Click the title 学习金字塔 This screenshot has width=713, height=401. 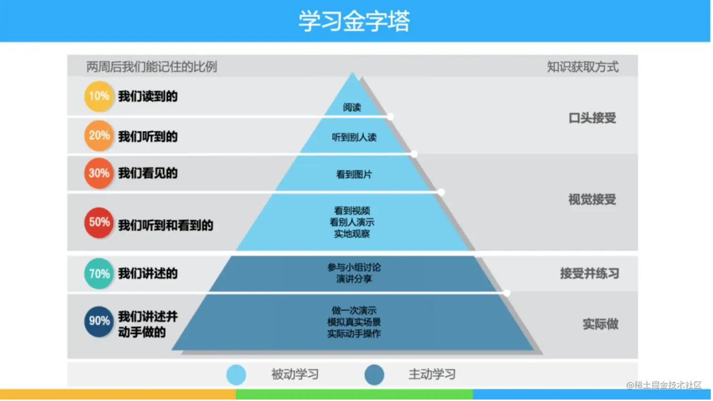pyautogui.click(x=354, y=21)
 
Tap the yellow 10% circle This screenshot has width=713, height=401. pyautogui.click(x=99, y=96)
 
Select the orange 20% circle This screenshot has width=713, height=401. pyautogui.click(x=99, y=136)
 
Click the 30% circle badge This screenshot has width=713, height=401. pyautogui.click(x=99, y=173)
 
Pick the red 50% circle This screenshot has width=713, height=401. pyautogui.click(x=99, y=222)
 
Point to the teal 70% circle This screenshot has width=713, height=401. pyautogui.click(x=99, y=274)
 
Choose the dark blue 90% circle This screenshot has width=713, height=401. pyautogui.click(x=99, y=321)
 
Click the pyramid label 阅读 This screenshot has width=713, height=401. pyautogui.click(x=352, y=108)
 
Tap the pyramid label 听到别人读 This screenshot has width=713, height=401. pyautogui.click(x=354, y=137)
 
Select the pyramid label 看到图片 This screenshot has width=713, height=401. pyautogui.click(x=354, y=175)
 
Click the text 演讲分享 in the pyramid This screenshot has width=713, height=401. pyautogui.click(x=354, y=279)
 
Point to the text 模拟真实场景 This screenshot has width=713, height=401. pyautogui.click(x=354, y=322)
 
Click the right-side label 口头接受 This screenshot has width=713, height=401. pyautogui.click(x=592, y=118)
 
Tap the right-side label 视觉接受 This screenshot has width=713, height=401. pyautogui.click(x=592, y=199)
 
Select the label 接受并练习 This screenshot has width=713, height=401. pyautogui.click(x=589, y=273)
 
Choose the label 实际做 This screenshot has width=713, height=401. pyautogui.click(x=600, y=324)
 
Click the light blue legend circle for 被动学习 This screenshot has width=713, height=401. pyautogui.click(x=236, y=375)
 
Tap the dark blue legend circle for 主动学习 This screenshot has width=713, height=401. pyautogui.click(x=374, y=375)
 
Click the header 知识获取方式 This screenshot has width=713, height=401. pyautogui.click(x=583, y=67)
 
